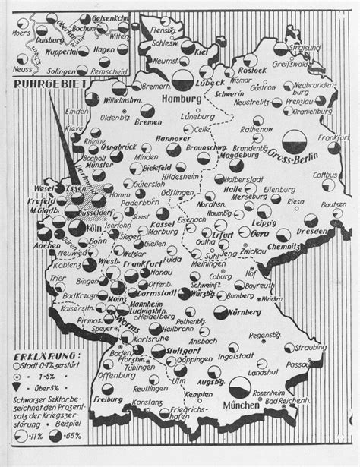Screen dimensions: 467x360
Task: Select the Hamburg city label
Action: click(x=183, y=99)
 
